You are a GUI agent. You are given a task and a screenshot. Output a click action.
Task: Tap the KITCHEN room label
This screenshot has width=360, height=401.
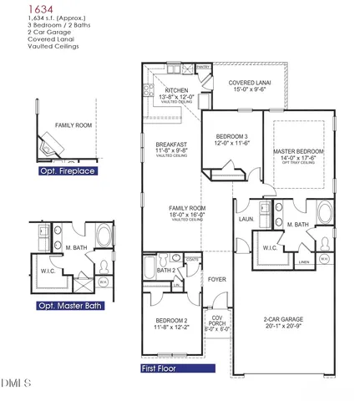pyautogui.click(x=176, y=90)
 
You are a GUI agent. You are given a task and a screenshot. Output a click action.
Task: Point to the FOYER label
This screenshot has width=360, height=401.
pyautogui.click(x=217, y=279)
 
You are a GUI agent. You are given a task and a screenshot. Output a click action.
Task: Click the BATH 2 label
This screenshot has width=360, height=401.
pyautogui.click(x=166, y=270)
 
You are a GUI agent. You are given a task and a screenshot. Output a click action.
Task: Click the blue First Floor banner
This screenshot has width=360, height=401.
pyautogui.click(x=162, y=367)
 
